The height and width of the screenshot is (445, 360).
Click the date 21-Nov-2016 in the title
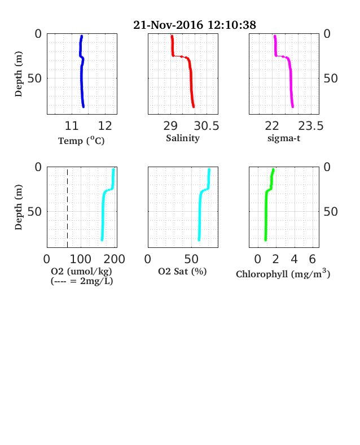point(168,25)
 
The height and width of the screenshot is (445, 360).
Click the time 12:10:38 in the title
point(232,25)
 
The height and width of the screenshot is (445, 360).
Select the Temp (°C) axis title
point(81,141)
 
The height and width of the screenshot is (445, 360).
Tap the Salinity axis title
point(183,138)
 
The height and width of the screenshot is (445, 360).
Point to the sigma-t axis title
point(284,138)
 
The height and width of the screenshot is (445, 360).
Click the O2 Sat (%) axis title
point(182,272)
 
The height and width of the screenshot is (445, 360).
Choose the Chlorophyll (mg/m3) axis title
point(283,273)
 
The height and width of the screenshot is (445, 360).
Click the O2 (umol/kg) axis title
point(82,271)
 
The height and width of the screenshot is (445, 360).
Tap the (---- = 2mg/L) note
point(82,281)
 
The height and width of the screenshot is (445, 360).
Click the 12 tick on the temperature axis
point(105,126)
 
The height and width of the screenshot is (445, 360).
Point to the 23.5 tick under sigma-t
point(311,126)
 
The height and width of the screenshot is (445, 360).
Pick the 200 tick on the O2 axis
point(114,259)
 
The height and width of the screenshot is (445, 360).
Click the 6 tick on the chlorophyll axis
point(312,259)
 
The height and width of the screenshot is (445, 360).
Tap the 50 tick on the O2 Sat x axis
point(191,259)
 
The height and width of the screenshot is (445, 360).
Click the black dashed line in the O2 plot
point(68,208)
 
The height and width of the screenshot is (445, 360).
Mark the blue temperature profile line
point(81,71)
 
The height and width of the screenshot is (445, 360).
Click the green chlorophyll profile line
point(266,204)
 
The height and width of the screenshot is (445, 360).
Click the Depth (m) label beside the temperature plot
point(19,74)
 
